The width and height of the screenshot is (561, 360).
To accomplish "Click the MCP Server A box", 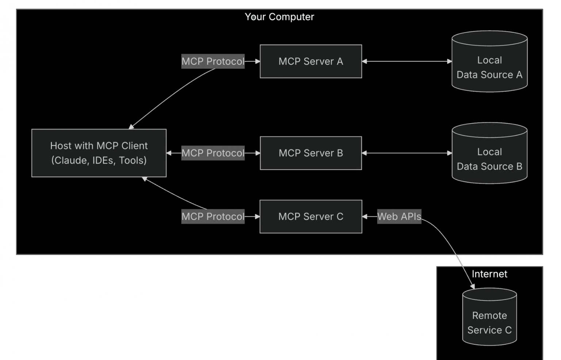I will pyautogui.click(x=311, y=61).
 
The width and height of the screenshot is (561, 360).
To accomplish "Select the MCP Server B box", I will pyautogui.click(x=311, y=153).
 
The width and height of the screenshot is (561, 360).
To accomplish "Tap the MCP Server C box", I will pyautogui.click(x=311, y=216).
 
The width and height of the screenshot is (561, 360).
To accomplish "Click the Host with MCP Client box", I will pyautogui.click(x=99, y=153).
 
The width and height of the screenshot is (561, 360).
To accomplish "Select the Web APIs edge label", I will pyautogui.click(x=399, y=216).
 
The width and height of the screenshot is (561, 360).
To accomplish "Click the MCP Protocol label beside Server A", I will pyautogui.click(x=213, y=61).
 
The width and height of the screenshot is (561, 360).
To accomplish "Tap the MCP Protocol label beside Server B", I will pyautogui.click(x=213, y=153).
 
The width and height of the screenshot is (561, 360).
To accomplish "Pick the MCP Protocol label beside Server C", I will pyautogui.click(x=213, y=216).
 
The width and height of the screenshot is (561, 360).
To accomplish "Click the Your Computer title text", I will pyautogui.click(x=279, y=17).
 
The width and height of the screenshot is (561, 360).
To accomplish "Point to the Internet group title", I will pyautogui.click(x=489, y=274).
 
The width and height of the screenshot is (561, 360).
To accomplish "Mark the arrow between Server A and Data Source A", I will pyautogui.click(x=407, y=61).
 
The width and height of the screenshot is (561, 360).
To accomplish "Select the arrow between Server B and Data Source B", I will pyautogui.click(x=407, y=153).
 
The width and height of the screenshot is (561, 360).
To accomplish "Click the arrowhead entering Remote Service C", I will pyautogui.click(x=472, y=286).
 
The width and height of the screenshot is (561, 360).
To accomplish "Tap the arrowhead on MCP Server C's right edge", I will pyautogui.click(x=365, y=216).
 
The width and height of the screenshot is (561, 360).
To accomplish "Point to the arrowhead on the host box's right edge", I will pyautogui.click(x=169, y=153).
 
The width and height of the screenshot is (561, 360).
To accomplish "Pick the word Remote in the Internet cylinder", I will pyautogui.click(x=489, y=315).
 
